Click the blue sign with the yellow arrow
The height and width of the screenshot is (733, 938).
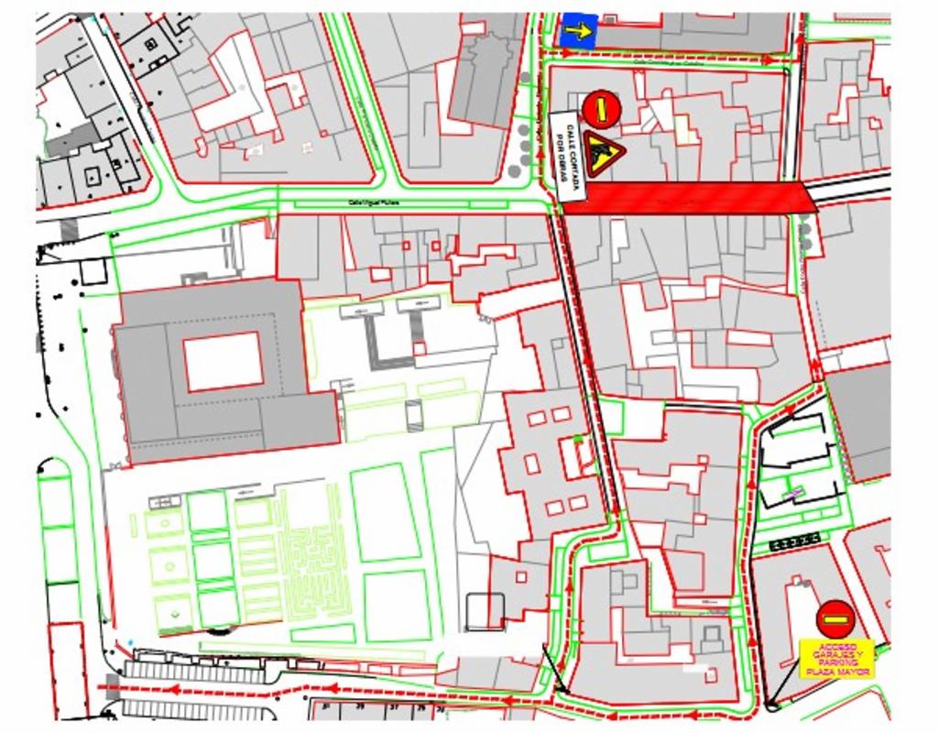579,31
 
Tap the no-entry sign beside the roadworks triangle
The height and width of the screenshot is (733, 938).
602,109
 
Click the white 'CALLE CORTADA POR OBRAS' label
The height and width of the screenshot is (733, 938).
568,157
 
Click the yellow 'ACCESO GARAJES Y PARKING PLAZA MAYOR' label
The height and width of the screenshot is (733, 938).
836,658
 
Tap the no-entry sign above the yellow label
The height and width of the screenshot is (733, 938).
834,619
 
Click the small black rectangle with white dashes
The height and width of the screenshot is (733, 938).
794,542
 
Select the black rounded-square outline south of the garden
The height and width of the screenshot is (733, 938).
485,611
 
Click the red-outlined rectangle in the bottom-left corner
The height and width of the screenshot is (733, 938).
68,669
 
